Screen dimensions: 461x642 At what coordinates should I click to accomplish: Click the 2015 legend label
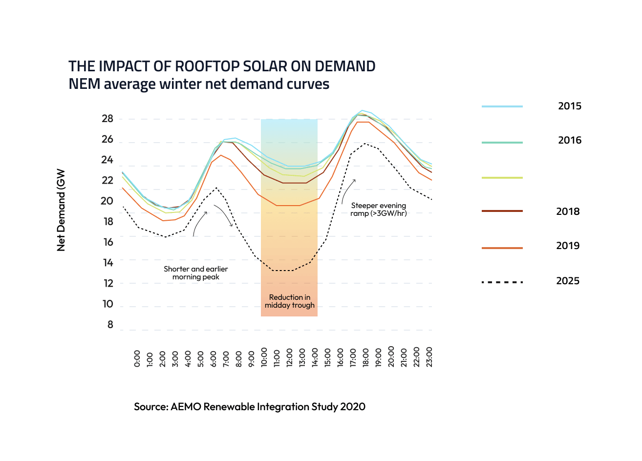pos(570,106)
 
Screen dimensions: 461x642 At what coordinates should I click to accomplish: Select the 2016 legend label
pos(570,140)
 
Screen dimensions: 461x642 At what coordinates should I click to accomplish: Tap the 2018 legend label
pos(568,211)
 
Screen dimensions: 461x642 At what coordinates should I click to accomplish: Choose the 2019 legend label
pos(568,246)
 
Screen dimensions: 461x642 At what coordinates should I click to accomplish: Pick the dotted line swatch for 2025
pos(502,282)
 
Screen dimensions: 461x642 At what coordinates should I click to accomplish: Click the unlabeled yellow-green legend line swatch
pos(502,178)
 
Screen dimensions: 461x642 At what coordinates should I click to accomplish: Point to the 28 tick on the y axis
pos(107,119)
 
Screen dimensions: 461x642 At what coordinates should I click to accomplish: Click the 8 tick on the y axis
pos(110,325)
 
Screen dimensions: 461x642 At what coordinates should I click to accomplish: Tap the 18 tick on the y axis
pos(107,222)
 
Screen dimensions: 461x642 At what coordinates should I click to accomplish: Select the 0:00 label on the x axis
pos(137,358)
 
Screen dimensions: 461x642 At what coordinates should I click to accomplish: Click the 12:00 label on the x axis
pos(289,357)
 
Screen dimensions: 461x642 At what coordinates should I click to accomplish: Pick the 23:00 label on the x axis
pos(429,357)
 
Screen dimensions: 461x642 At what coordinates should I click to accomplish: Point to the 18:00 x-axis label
pos(365,357)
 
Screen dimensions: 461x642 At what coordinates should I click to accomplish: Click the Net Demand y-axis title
pos(61,210)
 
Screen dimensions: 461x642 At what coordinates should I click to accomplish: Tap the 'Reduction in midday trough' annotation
pos(289,301)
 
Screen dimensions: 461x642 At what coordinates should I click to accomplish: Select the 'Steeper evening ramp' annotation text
pos(378,210)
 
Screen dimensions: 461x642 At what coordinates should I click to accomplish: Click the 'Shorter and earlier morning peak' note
pos(195,273)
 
